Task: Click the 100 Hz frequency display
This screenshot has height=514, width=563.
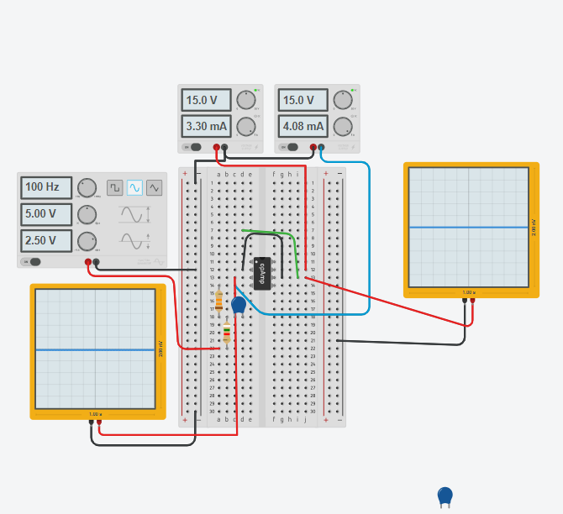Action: [x=46, y=187]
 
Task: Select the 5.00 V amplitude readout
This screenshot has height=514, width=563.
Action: [x=46, y=214]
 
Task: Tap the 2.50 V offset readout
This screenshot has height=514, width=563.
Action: [x=46, y=241]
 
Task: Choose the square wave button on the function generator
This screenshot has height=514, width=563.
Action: [x=114, y=187]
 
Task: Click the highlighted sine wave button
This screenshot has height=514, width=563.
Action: [x=134, y=187]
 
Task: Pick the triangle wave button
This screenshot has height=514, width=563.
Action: [x=154, y=187]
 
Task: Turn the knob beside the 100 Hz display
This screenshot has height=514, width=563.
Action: [x=87, y=187]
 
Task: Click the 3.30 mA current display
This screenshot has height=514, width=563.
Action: [x=206, y=127]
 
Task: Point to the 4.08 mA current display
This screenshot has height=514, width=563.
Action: [x=303, y=127]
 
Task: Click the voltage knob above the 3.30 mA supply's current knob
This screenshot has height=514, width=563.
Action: [x=245, y=100]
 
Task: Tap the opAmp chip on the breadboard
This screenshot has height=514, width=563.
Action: [x=262, y=273]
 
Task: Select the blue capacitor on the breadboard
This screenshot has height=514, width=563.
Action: [x=239, y=305]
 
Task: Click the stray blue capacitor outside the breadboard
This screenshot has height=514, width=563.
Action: [x=445, y=496]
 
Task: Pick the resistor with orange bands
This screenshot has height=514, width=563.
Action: [x=219, y=301]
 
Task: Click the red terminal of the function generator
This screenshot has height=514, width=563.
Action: [x=87, y=262]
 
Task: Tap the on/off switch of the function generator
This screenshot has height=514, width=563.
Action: [x=34, y=261]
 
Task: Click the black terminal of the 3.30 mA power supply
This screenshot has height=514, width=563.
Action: [x=224, y=148]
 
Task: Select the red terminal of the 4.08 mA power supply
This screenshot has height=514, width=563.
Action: [x=313, y=148]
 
